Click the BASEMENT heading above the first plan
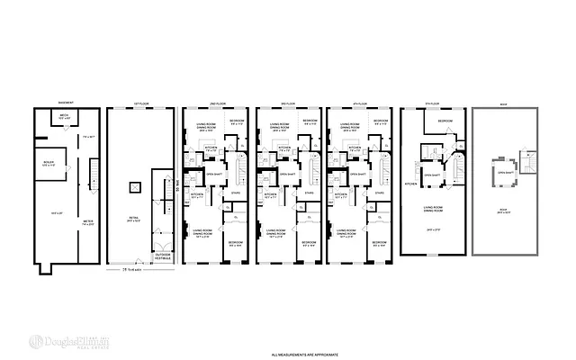[x=63, y=103]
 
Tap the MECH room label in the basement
[x=65, y=117]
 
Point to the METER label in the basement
[x=88, y=219]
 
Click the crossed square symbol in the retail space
[x=134, y=186]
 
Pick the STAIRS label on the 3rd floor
[x=308, y=192]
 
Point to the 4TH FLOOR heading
[x=357, y=103]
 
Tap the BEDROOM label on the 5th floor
[x=445, y=121]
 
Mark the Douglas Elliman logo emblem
[x=37, y=341]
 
